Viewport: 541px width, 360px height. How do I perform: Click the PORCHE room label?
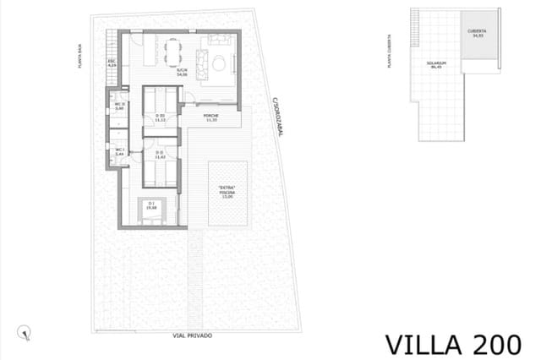coord(212,117)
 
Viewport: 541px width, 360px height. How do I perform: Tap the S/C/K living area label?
coord(182,73)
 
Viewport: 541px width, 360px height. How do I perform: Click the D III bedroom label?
coord(161,117)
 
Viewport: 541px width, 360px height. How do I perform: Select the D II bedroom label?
coord(161,155)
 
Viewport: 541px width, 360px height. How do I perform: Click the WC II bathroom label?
coord(119,106)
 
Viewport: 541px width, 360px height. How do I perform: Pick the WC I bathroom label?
coord(119,153)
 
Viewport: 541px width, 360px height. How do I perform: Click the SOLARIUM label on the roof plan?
coord(436,64)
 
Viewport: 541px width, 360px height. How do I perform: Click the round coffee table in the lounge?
coord(220,63)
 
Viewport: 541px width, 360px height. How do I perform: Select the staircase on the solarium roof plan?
coord(416,24)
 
